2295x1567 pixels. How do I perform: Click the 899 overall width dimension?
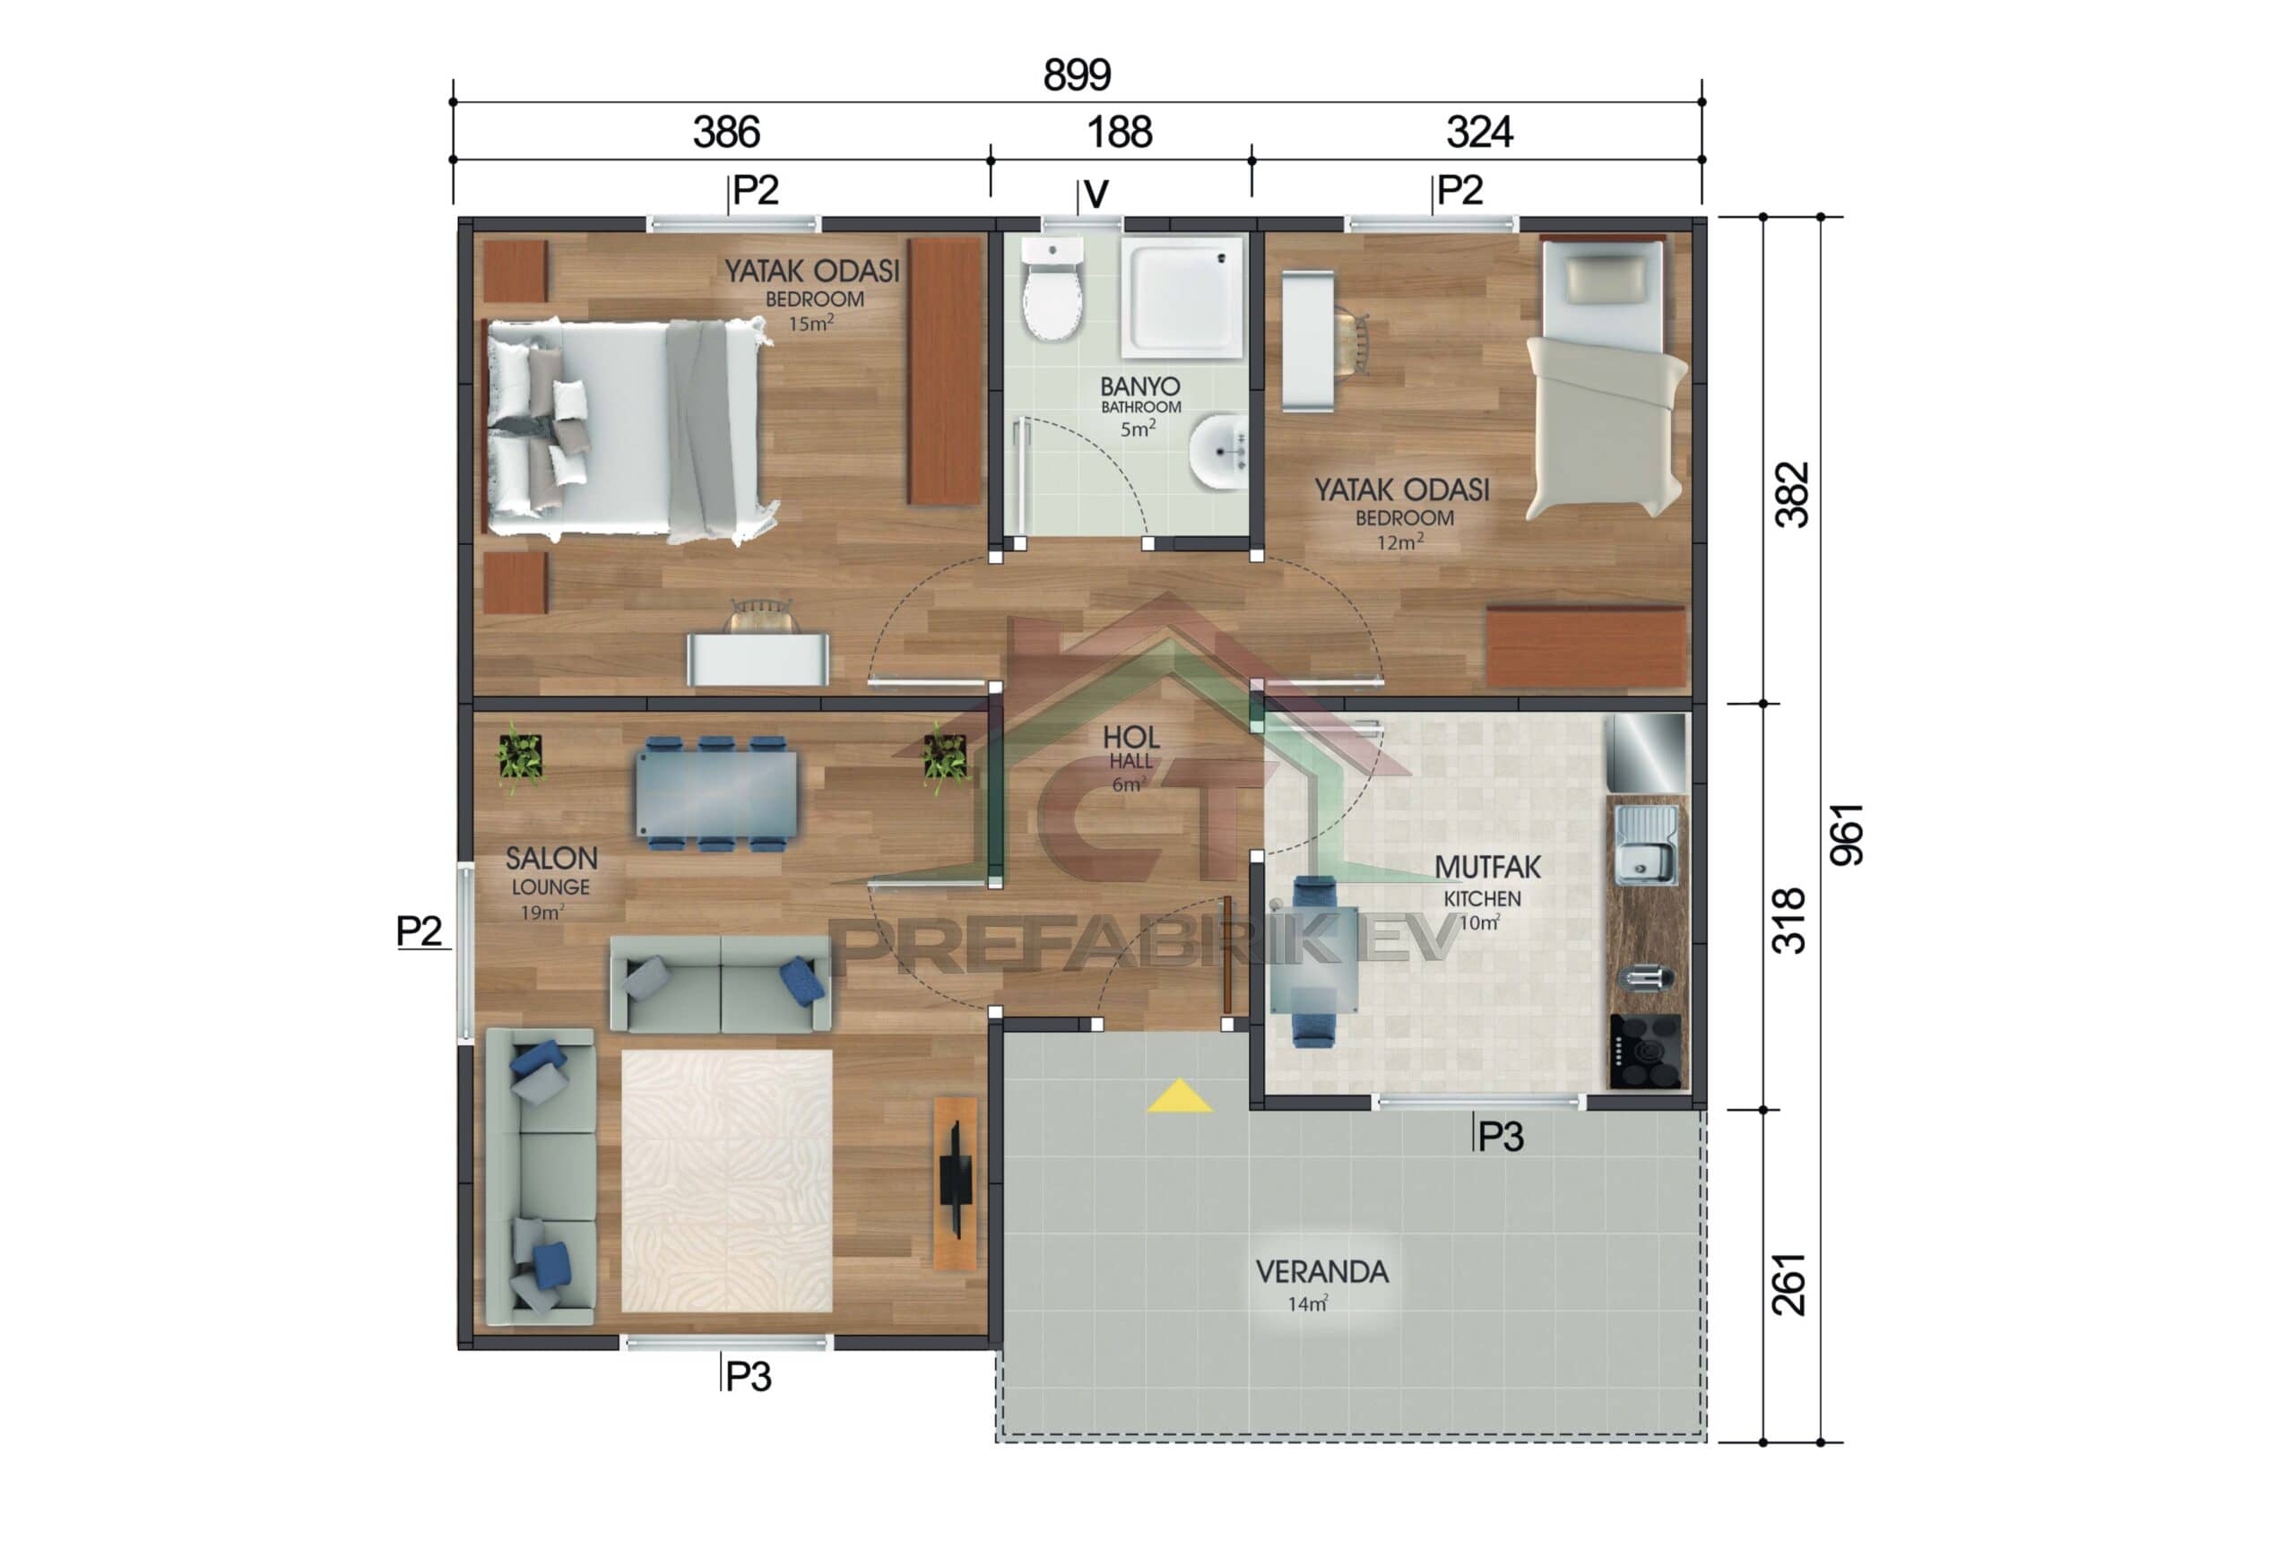click(1077, 75)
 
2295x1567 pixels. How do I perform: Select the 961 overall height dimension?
click(1846, 835)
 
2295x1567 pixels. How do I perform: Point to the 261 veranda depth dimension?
click(1788, 1284)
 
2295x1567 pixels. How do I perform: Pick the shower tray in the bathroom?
click(1181, 296)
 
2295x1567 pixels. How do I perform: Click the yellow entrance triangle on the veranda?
click(1179, 1096)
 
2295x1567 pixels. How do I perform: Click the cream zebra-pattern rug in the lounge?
click(727, 1180)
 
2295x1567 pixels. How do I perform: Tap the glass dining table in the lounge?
click(716, 794)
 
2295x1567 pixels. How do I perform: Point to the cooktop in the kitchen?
click(1645, 1051)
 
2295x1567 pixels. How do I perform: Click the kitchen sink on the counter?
click(1645, 846)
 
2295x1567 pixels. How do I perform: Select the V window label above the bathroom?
click(1096, 195)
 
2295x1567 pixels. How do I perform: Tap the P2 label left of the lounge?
click(419, 931)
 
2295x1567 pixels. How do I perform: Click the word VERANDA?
click(1321, 1272)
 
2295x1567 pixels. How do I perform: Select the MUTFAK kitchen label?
click(1486, 867)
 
